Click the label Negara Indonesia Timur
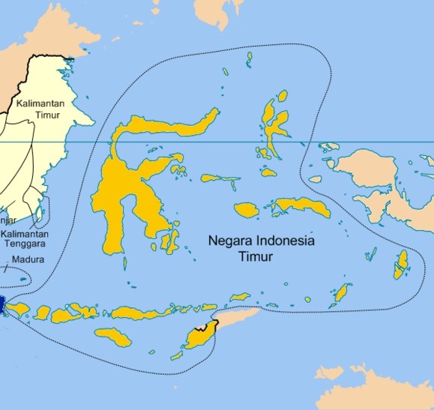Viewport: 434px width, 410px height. pyautogui.click(x=261, y=249)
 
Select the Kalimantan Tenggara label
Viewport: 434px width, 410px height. pyautogui.click(x=24, y=239)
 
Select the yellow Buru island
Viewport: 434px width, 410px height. pyautogui.click(x=246, y=210)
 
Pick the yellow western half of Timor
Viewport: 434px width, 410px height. pyautogui.click(x=197, y=338)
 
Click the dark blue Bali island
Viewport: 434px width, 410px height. pyautogui.click(x=2, y=304)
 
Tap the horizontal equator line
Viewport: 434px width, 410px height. pyautogui.click(x=225, y=142)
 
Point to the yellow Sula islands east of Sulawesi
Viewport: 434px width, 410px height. pyautogui.click(x=220, y=179)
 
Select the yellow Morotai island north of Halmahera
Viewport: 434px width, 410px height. pyautogui.click(x=282, y=96)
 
